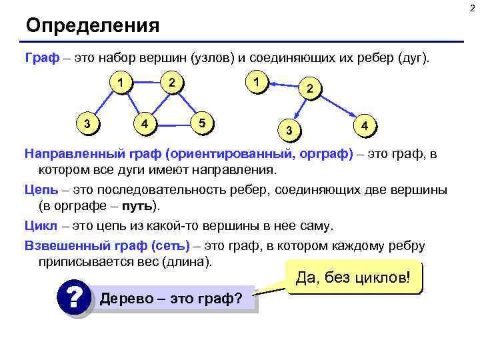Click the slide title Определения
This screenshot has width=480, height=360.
(x=93, y=26)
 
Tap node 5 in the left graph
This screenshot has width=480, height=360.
(x=203, y=122)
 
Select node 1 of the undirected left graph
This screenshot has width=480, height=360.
(x=120, y=83)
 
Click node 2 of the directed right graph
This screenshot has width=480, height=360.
(x=309, y=88)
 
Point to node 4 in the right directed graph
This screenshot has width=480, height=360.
(x=364, y=125)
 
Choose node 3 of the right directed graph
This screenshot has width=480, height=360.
(x=289, y=129)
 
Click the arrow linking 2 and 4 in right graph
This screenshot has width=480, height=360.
(x=337, y=107)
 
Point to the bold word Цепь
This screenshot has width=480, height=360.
(x=41, y=190)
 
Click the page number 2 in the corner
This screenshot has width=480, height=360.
(x=474, y=6)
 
